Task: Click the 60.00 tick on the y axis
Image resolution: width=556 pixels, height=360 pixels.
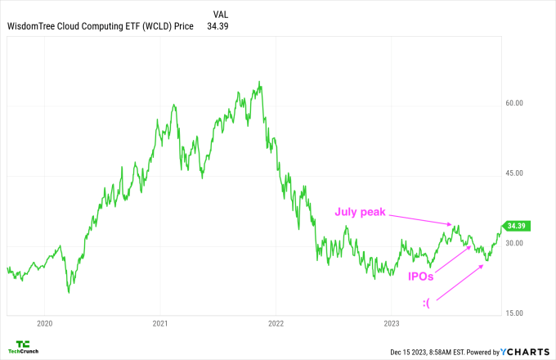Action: point(513,103)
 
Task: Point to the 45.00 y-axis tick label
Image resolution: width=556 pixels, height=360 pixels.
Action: point(513,173)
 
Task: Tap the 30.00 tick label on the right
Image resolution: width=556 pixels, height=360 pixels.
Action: point(513,244)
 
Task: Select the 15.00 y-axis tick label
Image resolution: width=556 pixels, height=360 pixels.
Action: point(513,313)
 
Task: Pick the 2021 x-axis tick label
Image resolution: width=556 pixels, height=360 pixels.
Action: point(160,323)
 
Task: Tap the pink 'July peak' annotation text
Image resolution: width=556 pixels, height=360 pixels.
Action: point(360,211)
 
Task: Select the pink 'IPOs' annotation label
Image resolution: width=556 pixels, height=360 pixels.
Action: point(422,277)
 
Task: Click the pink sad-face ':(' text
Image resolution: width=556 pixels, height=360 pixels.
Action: point(428,304)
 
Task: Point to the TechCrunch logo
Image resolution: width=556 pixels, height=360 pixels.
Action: point(23,347)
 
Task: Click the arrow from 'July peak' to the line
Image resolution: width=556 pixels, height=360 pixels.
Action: point(419,219)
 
